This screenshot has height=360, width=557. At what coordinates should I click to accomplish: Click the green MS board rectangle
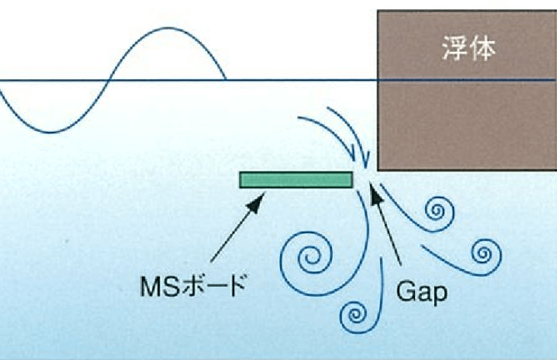pos(296,179)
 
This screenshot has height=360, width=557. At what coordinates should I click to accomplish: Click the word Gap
pos(422,292)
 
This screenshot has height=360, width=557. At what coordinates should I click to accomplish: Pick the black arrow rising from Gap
pos(388,229)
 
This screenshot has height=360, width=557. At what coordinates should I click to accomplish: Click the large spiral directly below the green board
pos(309,256)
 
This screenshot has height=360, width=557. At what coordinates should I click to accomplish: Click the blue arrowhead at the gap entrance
pos(365,161)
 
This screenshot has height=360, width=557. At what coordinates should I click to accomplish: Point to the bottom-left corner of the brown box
pos(378,170)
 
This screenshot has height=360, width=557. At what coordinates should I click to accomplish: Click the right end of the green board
pos(351,179)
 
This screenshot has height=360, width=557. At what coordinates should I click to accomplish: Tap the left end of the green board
pos(242,179)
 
